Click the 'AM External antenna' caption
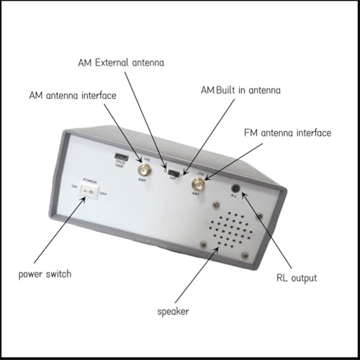(x=120, y=63)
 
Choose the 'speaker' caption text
(x=174, y=312)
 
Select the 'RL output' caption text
(x=297, y=277)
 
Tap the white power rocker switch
(x=89, y=190)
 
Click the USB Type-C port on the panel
(x=121, y=156)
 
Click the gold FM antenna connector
(x=197, y=185)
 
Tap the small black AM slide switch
(x=172, y=173)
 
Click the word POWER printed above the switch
(x=90, y=179)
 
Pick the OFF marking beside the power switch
(x=102, y=194)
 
